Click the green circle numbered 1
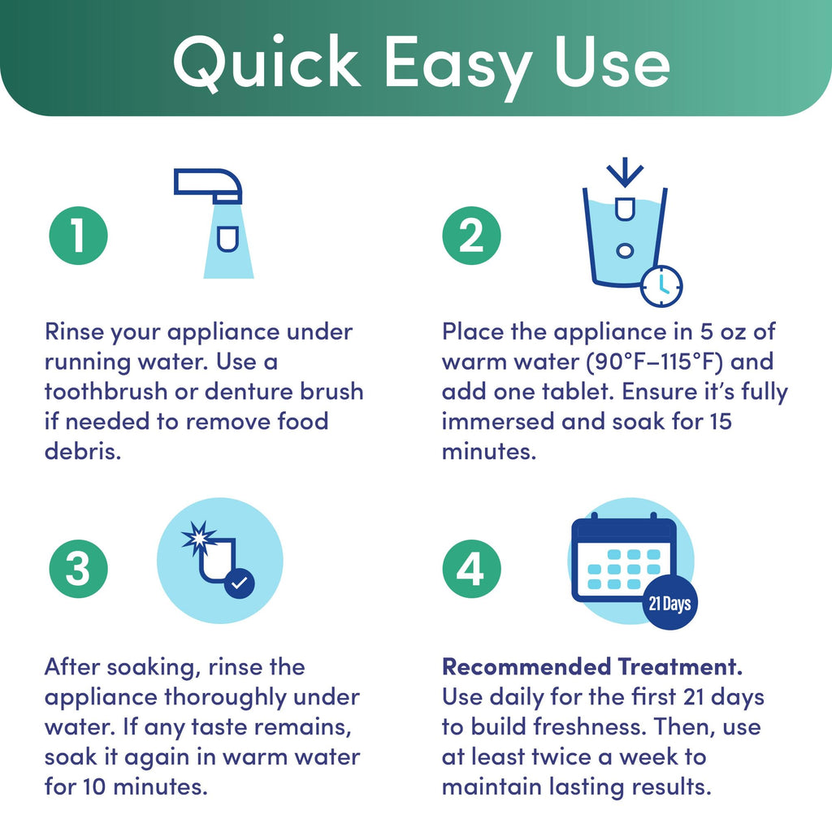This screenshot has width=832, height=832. click(79, 236)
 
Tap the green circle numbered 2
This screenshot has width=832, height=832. click(471, 236)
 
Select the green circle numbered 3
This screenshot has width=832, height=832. click(79, 569)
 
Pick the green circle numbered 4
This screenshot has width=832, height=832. click(471, 569)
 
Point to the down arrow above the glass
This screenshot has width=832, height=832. click(625, 172)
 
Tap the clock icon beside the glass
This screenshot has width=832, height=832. click(661, 286)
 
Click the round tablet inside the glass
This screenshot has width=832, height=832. click(625, 250)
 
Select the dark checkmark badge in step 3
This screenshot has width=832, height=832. click(240, 583)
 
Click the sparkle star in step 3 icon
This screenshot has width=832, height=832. click(200, 538)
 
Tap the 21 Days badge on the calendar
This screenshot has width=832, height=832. click(669, 604)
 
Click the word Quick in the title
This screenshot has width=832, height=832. click(266, 63)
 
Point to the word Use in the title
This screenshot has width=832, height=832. click(613, 62)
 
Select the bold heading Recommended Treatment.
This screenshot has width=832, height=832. click(592, 666)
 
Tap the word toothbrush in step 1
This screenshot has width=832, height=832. click(106, 392)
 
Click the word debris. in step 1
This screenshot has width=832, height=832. click(83, 451)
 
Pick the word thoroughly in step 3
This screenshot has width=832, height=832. click(225, 697)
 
